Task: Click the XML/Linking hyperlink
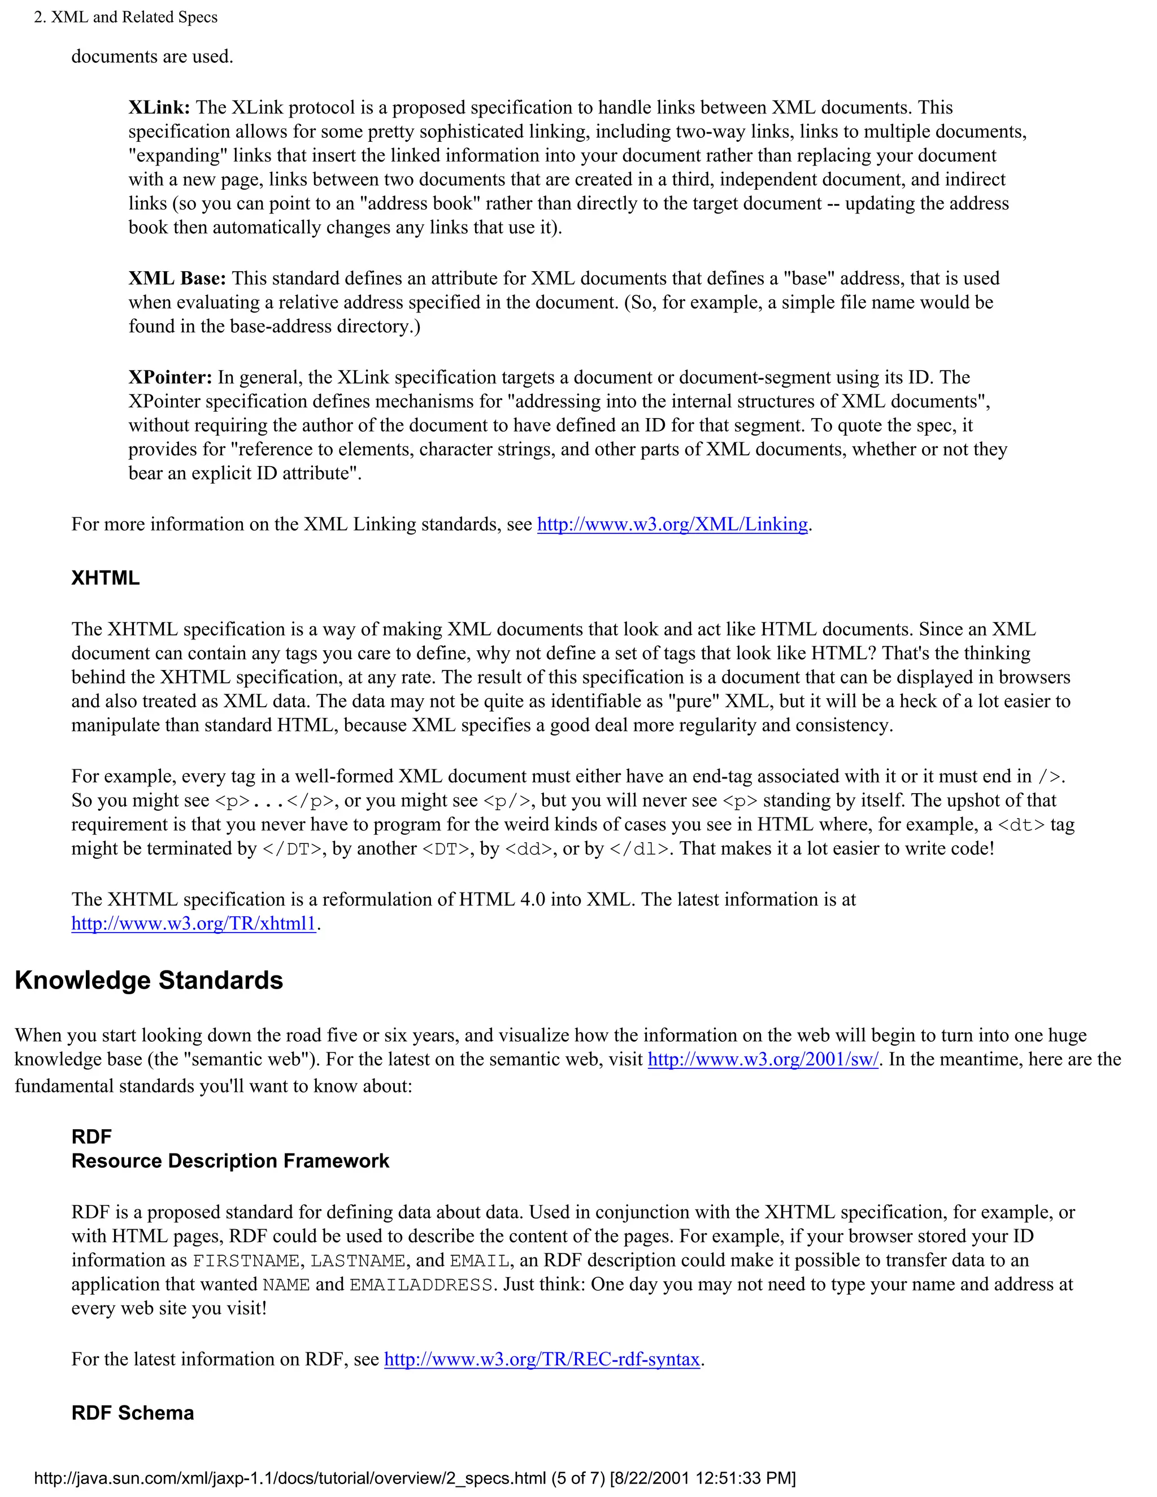(672, 524)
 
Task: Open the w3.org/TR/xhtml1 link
(193, 924)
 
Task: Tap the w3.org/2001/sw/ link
(763, 1060)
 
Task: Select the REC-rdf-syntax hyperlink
(541, 1359)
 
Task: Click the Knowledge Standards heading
(149, 981)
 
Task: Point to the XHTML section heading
(106, 578)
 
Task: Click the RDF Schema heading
(132, 1413)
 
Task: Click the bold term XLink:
(159, 107)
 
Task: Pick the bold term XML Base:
(177, 278)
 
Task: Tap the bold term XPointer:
(170, 378)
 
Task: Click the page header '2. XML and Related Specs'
(125, 17)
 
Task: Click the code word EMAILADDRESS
(421, 1285)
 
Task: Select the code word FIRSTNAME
(245, 1260)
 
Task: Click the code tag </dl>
(639, 849)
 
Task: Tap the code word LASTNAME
(358, 1260)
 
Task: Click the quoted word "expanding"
(177, 155)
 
